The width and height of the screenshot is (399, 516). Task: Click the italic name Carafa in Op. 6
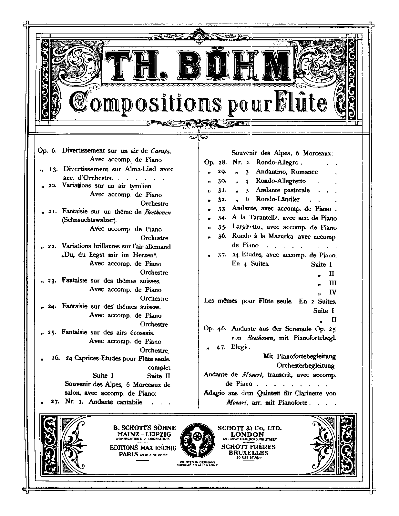(x=160, y=151)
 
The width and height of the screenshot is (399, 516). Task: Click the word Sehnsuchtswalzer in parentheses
(x=89, y=220)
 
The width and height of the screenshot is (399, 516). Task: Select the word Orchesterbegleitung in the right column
(x=305, y=366)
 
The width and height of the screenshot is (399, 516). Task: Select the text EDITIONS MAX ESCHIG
(x=143, y=448)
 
